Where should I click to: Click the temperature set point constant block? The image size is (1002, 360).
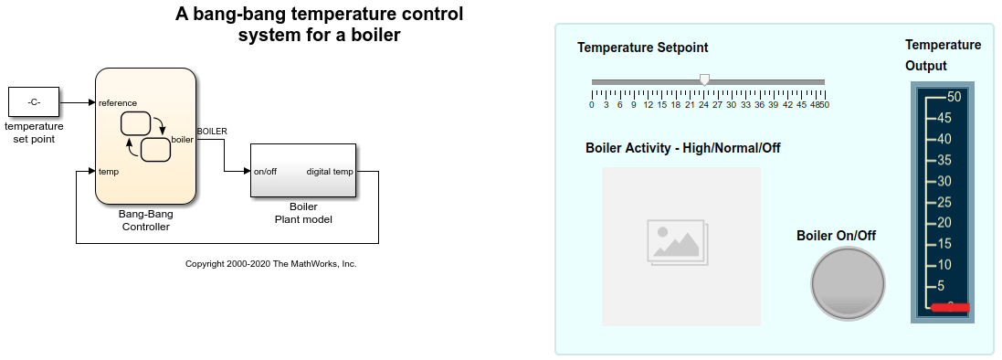coord(33,102)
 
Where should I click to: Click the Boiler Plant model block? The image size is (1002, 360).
coord(303,170)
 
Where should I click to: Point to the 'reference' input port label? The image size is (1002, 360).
coord(118,102)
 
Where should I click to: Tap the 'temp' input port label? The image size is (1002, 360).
coord(109,171)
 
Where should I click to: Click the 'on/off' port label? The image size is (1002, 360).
coord(265,171)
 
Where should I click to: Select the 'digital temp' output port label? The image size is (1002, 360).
coord(330,171)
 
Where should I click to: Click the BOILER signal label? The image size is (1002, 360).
coord(212,132)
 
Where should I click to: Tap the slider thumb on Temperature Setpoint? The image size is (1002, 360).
coord(704,80)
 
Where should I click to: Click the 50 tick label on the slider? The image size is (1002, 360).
coord(823,105)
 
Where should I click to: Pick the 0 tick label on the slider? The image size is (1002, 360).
coord(592,105)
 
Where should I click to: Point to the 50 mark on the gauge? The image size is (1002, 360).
coord(954,96)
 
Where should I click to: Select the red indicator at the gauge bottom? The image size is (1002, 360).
coord(950,307)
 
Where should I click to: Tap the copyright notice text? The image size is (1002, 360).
coord(270,264)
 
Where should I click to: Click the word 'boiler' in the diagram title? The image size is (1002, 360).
coord(376,36)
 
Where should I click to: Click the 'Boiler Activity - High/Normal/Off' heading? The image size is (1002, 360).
coord(682,148)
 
